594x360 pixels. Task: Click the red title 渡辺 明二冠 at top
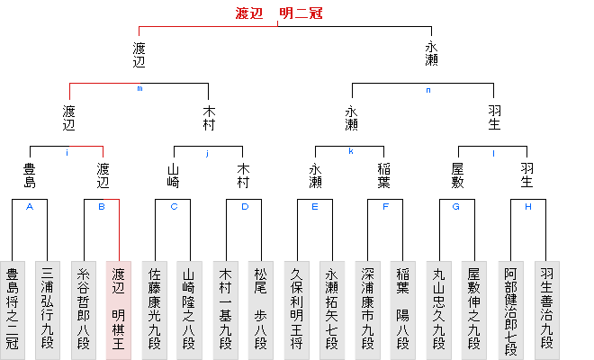pos(277,13)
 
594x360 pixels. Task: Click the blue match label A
pos(30,206)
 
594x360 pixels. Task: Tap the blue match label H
pos(527,206)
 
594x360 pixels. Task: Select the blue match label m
pos(139,88)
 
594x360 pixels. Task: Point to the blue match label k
pos(350,151)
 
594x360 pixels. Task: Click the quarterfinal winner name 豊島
pos(30,175)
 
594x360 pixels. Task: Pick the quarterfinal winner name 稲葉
pos(386,175)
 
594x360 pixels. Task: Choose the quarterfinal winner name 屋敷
pos(457,175)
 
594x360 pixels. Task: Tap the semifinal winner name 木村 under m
pos(209,118)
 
